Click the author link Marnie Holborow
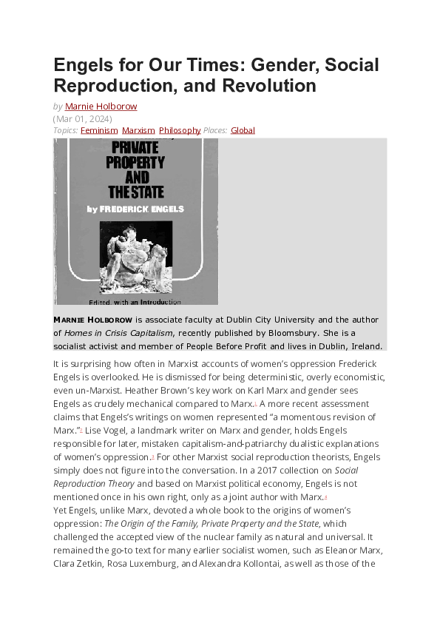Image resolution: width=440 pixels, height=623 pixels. point(101,107)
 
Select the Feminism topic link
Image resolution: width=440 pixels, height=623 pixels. point(99,130)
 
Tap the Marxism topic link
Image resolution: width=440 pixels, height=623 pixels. point(138,130)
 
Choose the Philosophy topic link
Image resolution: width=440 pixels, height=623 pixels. point(180,130)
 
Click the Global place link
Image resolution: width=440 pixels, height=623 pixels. point(243,130)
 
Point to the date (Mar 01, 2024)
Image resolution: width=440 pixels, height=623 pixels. point(83,118)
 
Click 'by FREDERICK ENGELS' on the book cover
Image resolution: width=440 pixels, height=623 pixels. point(135,209)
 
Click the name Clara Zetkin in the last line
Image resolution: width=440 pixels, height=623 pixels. point(75,564)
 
